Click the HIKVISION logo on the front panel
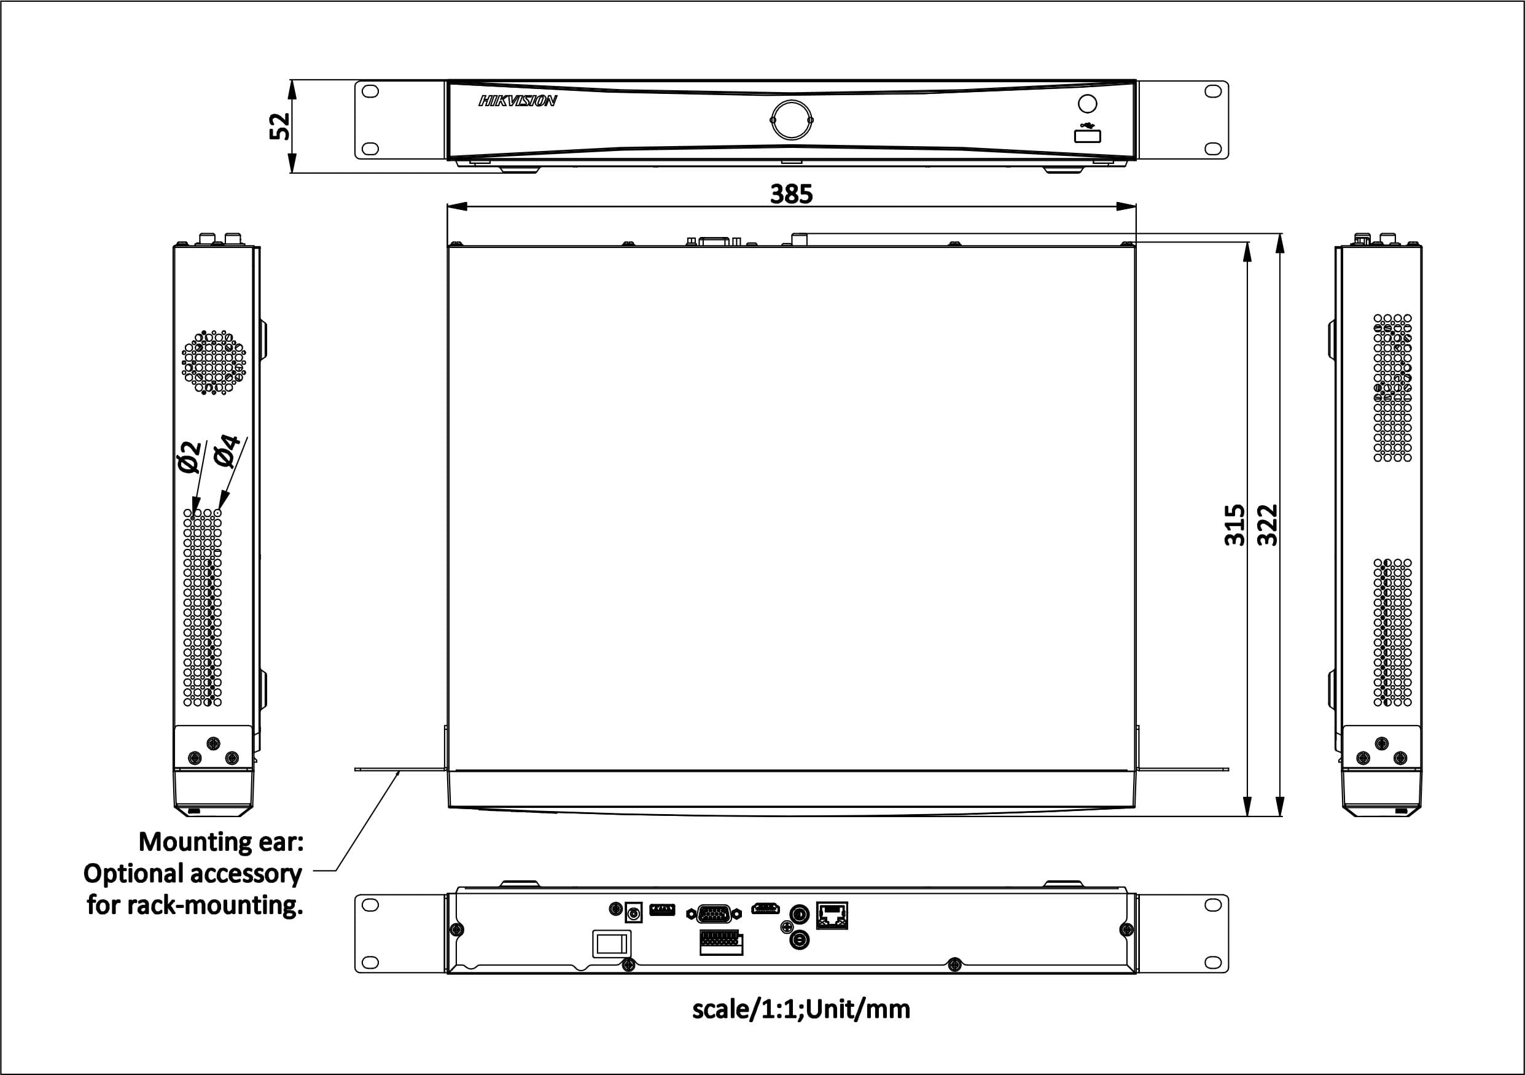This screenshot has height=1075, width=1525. click(x=517, y=100)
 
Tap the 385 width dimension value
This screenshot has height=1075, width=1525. click(x=791, y=194)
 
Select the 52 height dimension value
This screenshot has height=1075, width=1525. click(x=279, y=126)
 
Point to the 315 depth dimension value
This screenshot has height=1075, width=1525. click(x=1234, y=524)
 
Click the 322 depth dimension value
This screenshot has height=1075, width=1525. click(x=1267, y=524)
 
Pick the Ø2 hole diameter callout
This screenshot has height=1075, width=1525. click(x=189, y=456)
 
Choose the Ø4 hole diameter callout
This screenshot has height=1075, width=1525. click(x=227, y=450)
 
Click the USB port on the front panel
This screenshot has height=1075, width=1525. click(x=1087, y=136)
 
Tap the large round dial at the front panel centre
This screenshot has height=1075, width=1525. click(x=792, y=120)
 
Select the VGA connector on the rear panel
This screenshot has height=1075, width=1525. click(x=714, y=914)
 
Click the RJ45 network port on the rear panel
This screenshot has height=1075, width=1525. click(x=832, y=915)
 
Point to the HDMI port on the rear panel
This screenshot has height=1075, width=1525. click(x=765, y=909)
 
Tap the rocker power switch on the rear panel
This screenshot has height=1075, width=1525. click(x=611, y=944)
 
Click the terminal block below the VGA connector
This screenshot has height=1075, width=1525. click(x=721, y=942)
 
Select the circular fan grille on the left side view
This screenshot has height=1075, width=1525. click(x=214, y=363)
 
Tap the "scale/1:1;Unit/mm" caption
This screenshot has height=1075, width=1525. click(x=801, y=1009)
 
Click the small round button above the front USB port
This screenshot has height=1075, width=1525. click(x=1087, y=104)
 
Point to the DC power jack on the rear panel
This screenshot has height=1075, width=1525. click(x=634, y=912)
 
